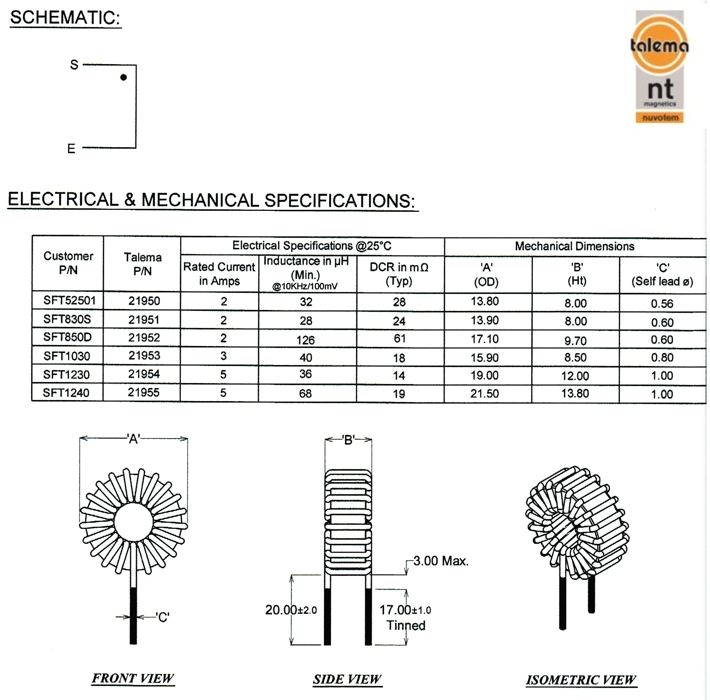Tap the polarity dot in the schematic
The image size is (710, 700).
tap(124, 77)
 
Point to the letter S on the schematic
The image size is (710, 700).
tap(74, 65)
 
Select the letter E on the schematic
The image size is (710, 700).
tap(71, 149)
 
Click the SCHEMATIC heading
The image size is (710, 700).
tap(65, 18)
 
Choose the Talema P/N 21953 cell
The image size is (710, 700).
tap(144, 356)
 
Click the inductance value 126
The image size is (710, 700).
tap(305, 340)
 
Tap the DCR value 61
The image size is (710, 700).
tap(399, 338)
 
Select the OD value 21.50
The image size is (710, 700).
tap(484, 394)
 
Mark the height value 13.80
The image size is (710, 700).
tap(575, 394)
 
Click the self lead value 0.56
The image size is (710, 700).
tap(662, 303)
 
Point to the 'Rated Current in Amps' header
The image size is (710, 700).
tap(219, 274)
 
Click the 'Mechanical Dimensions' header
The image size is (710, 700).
tap(574, 246)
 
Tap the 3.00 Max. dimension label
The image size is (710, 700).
tap(441, 561)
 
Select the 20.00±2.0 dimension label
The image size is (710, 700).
tap(291, 610)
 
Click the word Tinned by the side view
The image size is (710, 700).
tap(406, 625)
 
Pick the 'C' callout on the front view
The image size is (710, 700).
tap(163, 617)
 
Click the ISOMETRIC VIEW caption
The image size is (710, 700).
tap(581, 680)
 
